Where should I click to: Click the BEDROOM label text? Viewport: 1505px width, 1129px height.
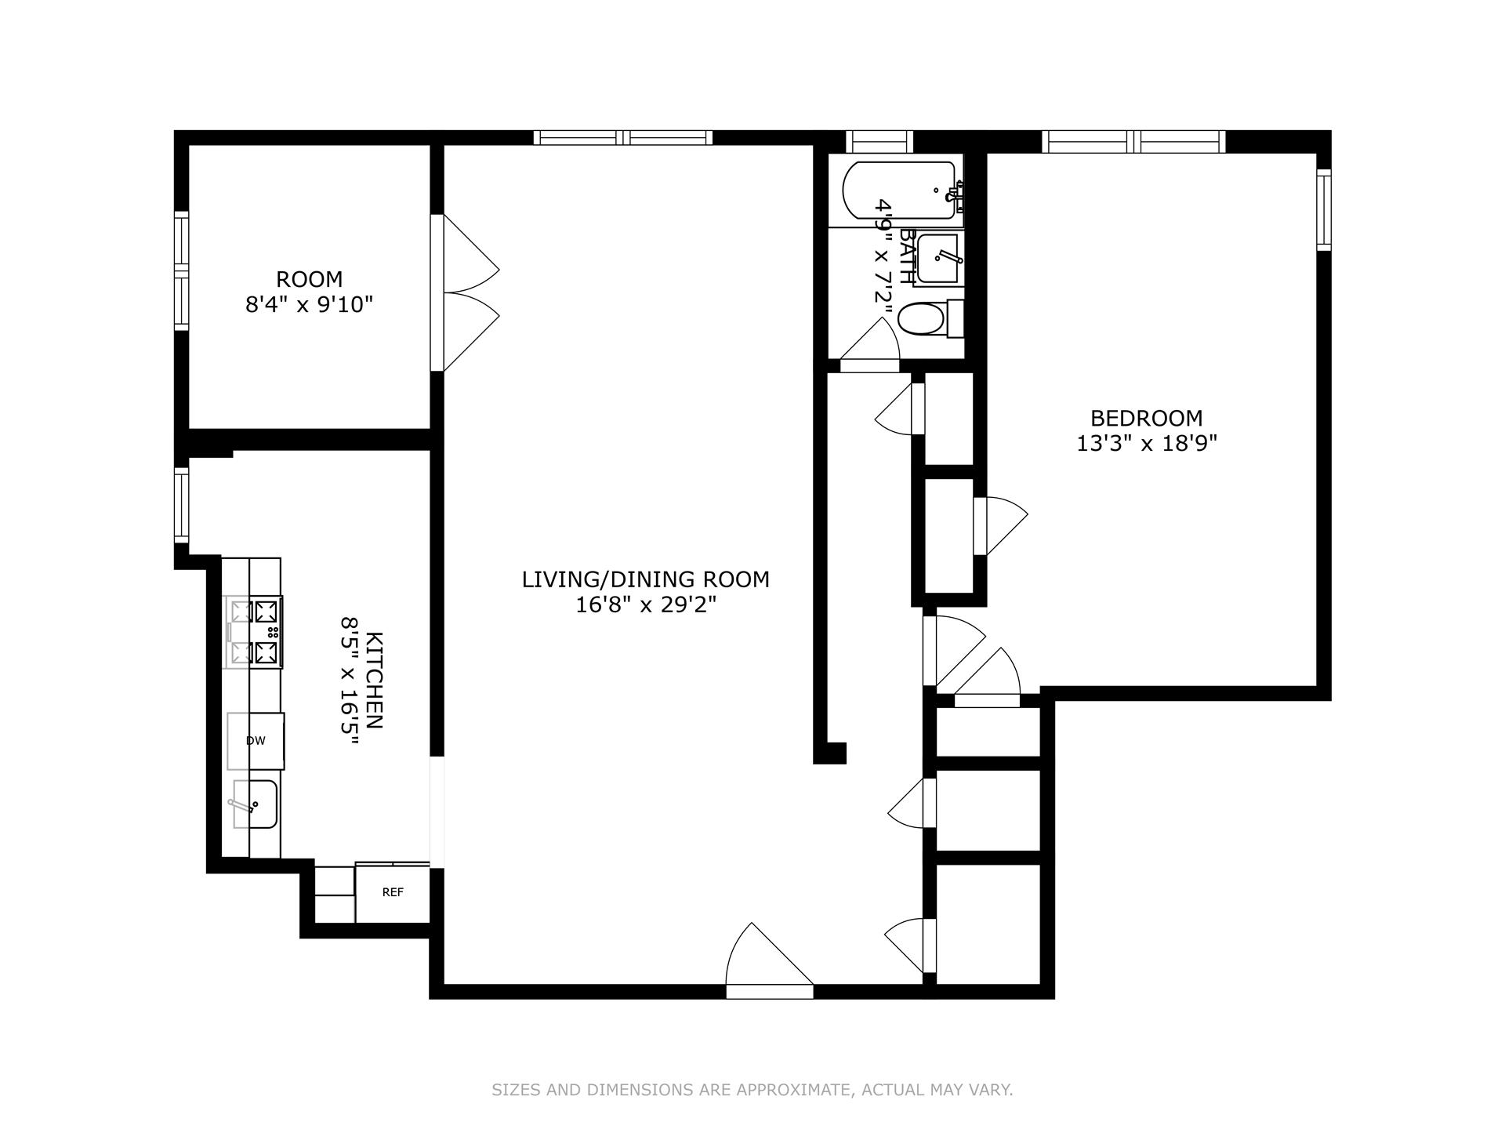click(1146, 418)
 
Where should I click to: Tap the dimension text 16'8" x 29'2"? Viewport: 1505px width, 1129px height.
click(646, 605)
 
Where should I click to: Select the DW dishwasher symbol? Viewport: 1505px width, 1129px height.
click(256, 740)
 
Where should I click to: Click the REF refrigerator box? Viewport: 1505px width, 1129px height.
click(392, 893)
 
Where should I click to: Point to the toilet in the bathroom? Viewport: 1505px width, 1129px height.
click(926, 319)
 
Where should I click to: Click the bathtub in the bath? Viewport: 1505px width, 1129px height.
click(899, 190)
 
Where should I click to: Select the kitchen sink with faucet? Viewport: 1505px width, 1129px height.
click(254, 804)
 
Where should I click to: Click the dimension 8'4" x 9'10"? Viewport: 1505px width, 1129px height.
click(309, 305)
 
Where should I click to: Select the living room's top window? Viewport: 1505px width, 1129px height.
click(623, 138)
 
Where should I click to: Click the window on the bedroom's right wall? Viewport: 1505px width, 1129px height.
click(1323, 209)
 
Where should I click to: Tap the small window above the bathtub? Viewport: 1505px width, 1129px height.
click(879, 142)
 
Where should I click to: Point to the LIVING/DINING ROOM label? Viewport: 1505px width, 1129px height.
click(646, 579)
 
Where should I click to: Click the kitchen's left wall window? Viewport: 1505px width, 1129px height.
click(182, 506)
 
